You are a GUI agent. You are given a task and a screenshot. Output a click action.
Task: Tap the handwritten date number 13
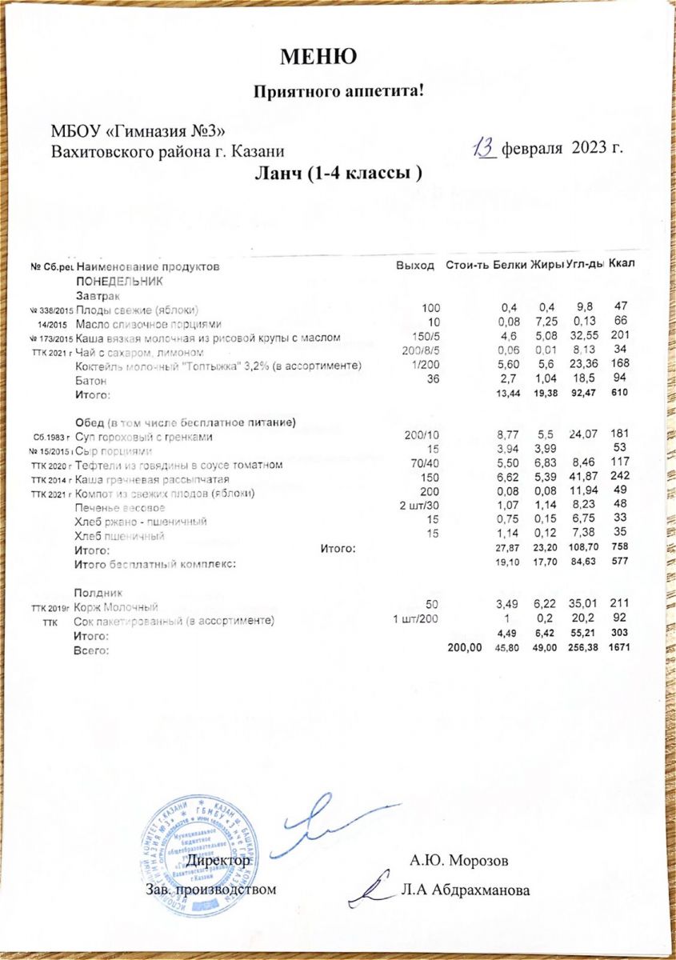pyautogui.click(x=485, y=147)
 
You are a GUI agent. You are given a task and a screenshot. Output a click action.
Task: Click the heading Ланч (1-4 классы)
pyautogui.click(x=338, y=173)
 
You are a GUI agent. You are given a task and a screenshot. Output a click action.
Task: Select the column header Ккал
pyautogui.click(x=622, y=264)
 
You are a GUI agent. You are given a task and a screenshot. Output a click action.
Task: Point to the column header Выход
pyautogui.click(x=415, y=266)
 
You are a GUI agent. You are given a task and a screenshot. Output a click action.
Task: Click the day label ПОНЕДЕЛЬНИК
pyautogui.click(x=119, y=281)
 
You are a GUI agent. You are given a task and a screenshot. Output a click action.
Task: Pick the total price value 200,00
pyautogui.click(x=465, y=648)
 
